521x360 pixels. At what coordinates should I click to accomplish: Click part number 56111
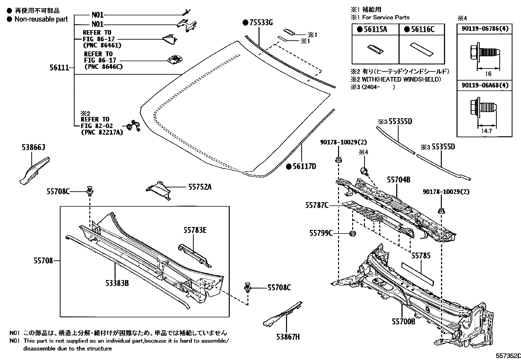[x=59, y=68]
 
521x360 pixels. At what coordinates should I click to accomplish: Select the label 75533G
[x=261, y=23]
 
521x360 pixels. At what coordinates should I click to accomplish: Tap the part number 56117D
[x=304, y=166]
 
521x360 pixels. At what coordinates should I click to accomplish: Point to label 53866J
[x=34, y=148]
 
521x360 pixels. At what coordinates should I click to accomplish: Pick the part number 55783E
[x=195, y=230]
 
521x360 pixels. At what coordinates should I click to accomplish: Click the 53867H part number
[x=288, y=336]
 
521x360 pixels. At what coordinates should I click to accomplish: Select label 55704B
[x=399, y=180]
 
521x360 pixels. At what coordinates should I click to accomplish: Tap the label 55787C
[x=317, y=205]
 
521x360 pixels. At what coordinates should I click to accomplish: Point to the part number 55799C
[x=321, y=233]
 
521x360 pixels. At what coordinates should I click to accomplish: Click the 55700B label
[x=403, y=322]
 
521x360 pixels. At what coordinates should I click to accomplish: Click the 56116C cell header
[x=422, y=29]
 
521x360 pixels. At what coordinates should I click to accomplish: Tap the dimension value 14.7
[x=486, y=131]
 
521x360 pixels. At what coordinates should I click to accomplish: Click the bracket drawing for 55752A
[x=159, y=190]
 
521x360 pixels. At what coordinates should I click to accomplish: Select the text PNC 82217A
[x=102, y=133]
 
